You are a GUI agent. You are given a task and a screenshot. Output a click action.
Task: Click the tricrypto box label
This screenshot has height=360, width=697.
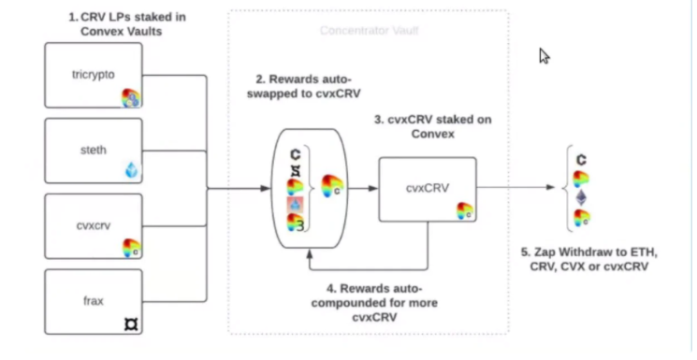(94, 75)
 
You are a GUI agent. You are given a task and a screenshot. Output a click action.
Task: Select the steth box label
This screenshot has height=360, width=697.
(94, 150)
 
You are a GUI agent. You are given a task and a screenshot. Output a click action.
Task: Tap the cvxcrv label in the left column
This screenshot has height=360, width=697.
(94, 225)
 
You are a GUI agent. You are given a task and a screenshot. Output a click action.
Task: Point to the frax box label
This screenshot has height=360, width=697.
(94, 301)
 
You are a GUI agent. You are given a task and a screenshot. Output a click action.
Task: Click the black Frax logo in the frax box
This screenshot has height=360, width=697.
(131, 324)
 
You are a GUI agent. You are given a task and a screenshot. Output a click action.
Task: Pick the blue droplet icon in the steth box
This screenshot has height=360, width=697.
(132, 170)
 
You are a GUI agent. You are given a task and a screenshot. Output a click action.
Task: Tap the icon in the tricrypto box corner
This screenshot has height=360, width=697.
(131, 98)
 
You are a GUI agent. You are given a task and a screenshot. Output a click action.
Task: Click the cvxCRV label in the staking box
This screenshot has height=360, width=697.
(428, 188)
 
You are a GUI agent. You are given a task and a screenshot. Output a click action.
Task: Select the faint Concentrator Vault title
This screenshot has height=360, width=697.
(369, 31)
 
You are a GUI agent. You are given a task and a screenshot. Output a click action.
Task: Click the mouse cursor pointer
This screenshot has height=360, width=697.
(545, 56)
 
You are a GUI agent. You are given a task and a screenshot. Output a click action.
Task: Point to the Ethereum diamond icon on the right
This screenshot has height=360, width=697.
(581, 198)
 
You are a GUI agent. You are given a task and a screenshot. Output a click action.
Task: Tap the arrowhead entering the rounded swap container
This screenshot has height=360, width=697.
(266, 189)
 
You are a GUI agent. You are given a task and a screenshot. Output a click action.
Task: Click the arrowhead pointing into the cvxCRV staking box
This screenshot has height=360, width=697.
(373, 189)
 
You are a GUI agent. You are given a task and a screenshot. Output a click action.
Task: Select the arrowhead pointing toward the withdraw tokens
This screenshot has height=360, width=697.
(550, 187)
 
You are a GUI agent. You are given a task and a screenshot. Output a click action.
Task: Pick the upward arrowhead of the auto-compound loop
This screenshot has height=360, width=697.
(310, 253)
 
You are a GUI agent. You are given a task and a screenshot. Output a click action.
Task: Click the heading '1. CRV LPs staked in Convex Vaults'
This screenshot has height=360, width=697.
(127, 24)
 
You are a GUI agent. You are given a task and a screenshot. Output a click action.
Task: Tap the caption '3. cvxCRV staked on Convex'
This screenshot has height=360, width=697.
(432, 126)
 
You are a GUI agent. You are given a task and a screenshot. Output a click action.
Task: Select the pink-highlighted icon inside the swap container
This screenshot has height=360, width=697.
(295, 205)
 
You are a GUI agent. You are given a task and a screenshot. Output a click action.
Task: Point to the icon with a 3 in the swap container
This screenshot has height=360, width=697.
(296, 223)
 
